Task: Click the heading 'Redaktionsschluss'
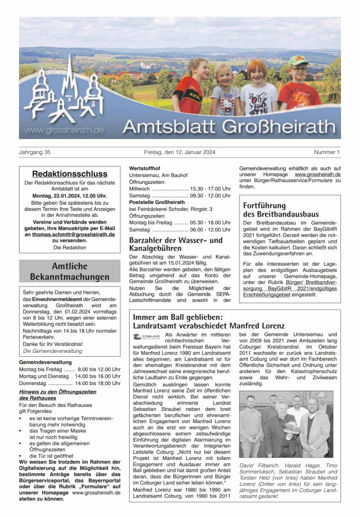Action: (x=70, y=173)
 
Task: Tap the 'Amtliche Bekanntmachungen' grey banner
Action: (x=70, y=271)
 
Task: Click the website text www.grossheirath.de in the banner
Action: (x=65, y=130)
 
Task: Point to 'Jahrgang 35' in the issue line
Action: (x=35, y=152)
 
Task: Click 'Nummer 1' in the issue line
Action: (x=327, y=152)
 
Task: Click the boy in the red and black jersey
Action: (x=191, y=86)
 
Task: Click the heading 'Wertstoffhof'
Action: (x=145, y=168)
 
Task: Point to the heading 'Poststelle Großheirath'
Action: (x=157, y=202)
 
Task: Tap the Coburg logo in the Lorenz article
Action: (x=146, y=335)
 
